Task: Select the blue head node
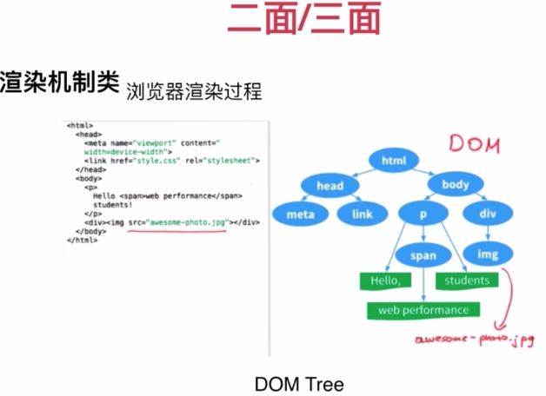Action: [330, 186]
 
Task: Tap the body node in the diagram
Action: [456, 185]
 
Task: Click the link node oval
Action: [363, 214]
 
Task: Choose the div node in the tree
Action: [488, 214]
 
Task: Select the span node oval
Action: [423, 255]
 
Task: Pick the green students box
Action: [467, 280]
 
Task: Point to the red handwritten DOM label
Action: [475, 144]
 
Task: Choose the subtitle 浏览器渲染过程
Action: [193, 89]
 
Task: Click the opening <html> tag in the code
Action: [79, 127]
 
